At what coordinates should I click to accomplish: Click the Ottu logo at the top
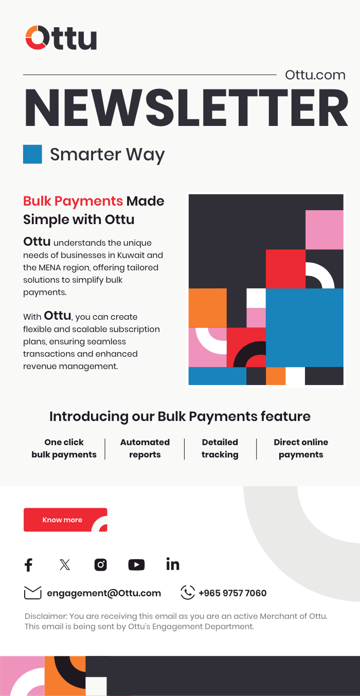(61, 38)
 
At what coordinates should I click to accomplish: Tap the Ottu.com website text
(315, 75)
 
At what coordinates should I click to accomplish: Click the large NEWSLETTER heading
(186, 108)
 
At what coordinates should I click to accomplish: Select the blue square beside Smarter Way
(32, 154)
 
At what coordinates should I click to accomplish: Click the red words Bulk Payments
(73, 201)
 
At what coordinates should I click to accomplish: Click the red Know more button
(65, 520)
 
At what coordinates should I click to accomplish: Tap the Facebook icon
(29, 565)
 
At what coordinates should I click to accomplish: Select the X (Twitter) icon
(65, 565)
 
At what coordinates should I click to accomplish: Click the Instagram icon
(100, 565)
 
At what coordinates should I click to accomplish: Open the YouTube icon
(136, 565)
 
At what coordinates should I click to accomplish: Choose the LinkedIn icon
(173, 564)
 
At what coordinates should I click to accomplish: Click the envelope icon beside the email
(32, 593)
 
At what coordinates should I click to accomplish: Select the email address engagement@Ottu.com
(104, 593)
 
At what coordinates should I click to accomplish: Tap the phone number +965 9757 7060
(232, 593)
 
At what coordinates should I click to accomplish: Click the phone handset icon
(188, 593)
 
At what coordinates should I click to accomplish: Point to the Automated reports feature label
(145, 448)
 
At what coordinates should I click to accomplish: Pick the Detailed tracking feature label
(220, 448)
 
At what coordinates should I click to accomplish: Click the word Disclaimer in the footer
(46, 616)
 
